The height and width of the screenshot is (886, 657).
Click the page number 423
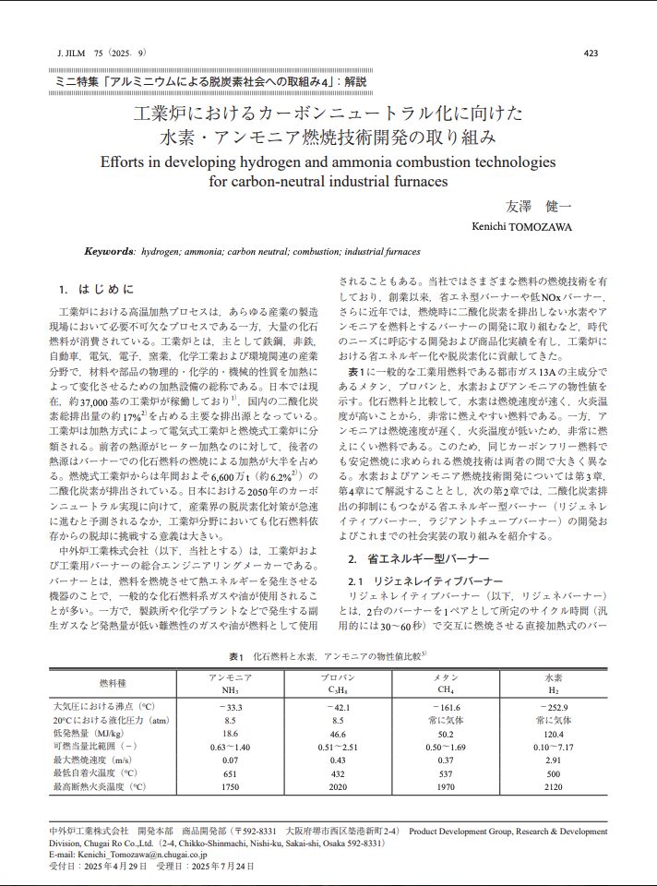pos(591,54)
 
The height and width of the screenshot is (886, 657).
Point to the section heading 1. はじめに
pos(95,289)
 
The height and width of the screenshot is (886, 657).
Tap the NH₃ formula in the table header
pos(231,689)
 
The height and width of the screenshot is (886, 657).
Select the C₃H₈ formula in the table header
pos(339,689)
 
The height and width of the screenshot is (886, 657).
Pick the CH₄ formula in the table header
pos(445,689)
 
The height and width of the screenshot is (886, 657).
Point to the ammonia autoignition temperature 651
pos(231,773)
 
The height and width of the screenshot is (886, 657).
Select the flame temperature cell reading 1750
pos(231,787)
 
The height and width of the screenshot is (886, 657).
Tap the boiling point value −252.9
pos(552,705)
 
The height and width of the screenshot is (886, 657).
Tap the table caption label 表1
pos(235,656)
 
